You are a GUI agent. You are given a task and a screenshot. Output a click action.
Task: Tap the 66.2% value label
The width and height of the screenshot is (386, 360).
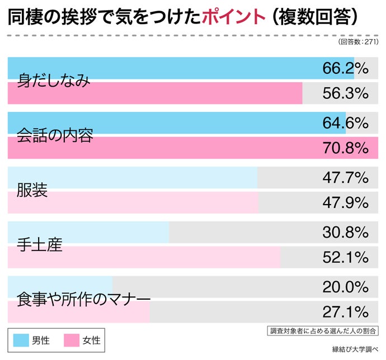click(345, 68)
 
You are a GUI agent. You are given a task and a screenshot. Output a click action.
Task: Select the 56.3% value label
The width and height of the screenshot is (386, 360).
click(345, 93)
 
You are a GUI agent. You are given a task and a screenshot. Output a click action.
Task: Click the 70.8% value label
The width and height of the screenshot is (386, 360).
click(345, 148)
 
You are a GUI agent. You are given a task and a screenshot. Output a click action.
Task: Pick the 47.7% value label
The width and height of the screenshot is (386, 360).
click(345, 178)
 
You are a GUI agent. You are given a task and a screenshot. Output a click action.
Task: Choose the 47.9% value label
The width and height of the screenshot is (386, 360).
click(345, 202)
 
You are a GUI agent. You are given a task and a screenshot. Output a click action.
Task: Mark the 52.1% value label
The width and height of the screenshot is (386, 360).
click(345, 257)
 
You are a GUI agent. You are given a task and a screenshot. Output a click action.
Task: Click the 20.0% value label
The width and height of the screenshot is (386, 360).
click(345, 287)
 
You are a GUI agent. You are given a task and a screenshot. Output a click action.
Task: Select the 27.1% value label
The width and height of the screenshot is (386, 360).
click(345, 311)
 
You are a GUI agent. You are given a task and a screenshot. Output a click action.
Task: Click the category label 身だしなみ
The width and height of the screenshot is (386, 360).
click(54, 81)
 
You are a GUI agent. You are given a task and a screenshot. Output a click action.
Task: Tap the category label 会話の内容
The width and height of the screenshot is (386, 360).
click(55, 135)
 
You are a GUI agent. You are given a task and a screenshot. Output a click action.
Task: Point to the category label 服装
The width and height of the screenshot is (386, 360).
click(32, 190)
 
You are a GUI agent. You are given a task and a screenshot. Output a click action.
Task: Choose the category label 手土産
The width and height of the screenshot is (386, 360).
click(40, 245)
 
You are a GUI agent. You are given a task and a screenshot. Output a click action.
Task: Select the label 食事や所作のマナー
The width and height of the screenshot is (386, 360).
click(84, 299)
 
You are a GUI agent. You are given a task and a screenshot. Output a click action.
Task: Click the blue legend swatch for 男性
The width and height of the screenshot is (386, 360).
click(20, 340)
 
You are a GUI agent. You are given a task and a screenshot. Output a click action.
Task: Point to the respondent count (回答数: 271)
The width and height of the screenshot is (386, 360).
click(358, 42)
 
